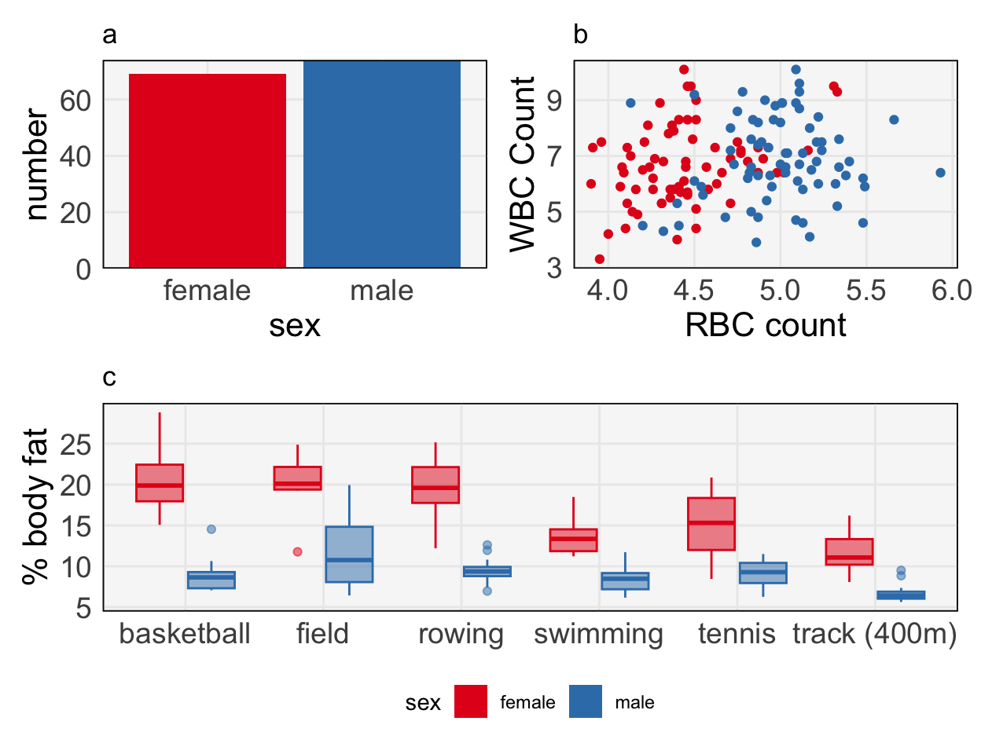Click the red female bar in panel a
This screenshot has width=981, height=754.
[208, 170]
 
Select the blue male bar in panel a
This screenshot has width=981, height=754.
[382, 164]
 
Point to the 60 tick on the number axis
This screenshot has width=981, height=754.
[75, 101]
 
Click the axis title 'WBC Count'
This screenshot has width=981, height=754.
[523, 164]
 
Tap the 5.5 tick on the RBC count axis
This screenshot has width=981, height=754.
[865, 290]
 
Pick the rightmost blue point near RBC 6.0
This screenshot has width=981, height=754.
[941, 173]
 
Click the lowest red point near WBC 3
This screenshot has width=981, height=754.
[600, 259]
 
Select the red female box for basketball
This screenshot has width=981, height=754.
[160, 482]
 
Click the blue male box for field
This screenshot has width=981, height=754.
[350, 554]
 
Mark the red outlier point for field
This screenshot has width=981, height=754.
[298, 552]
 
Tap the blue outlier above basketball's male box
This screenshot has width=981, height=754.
[211, 529]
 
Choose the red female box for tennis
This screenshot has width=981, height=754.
[711, 524]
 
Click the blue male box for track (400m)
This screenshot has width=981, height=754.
[901, 595]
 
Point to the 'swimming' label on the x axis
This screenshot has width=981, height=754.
[599, 634]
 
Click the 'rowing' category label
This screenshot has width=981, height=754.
[461, 634]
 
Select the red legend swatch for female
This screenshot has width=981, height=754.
[471, 702]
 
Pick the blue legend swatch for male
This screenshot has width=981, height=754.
[586, 702]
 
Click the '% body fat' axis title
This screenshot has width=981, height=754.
[36, 507]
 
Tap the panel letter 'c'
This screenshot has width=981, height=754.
[109, 378]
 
